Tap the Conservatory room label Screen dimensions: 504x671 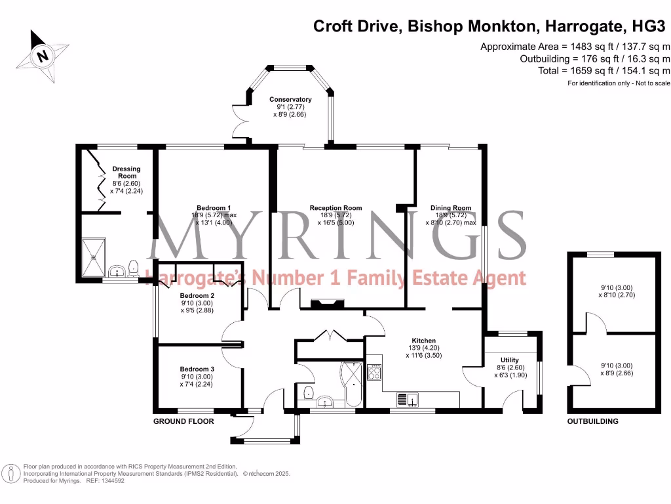point(290,100)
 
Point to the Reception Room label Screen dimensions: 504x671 point(335,209)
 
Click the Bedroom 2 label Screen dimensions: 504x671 point(197,296)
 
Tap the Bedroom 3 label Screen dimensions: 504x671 point(197,369)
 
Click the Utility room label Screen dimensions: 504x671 point(509,360)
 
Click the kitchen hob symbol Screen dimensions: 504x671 point(375,373)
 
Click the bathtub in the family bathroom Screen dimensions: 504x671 point(353,383)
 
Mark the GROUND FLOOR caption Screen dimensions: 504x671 point(183,421)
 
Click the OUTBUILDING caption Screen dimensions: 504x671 point(592,421)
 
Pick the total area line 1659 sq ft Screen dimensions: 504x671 point(604,70)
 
